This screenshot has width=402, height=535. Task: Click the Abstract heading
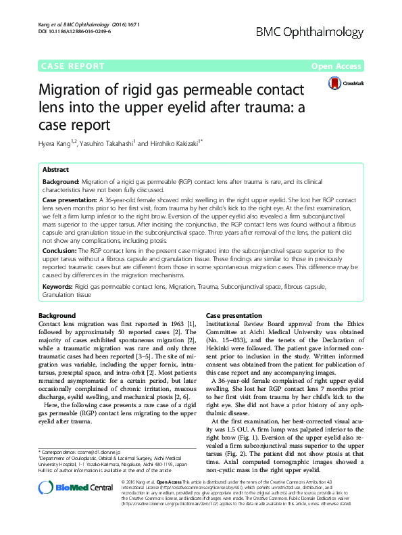(55, 170)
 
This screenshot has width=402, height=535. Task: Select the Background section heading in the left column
(57, 316)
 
